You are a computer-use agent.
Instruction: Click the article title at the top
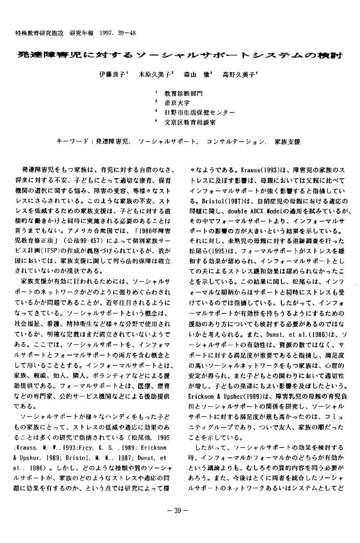tap(180, 55)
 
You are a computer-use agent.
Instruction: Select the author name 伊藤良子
tap(112, 76)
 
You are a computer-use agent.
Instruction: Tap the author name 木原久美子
tap(155, 76)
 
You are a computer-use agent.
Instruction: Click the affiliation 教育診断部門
tap(184, 94)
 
